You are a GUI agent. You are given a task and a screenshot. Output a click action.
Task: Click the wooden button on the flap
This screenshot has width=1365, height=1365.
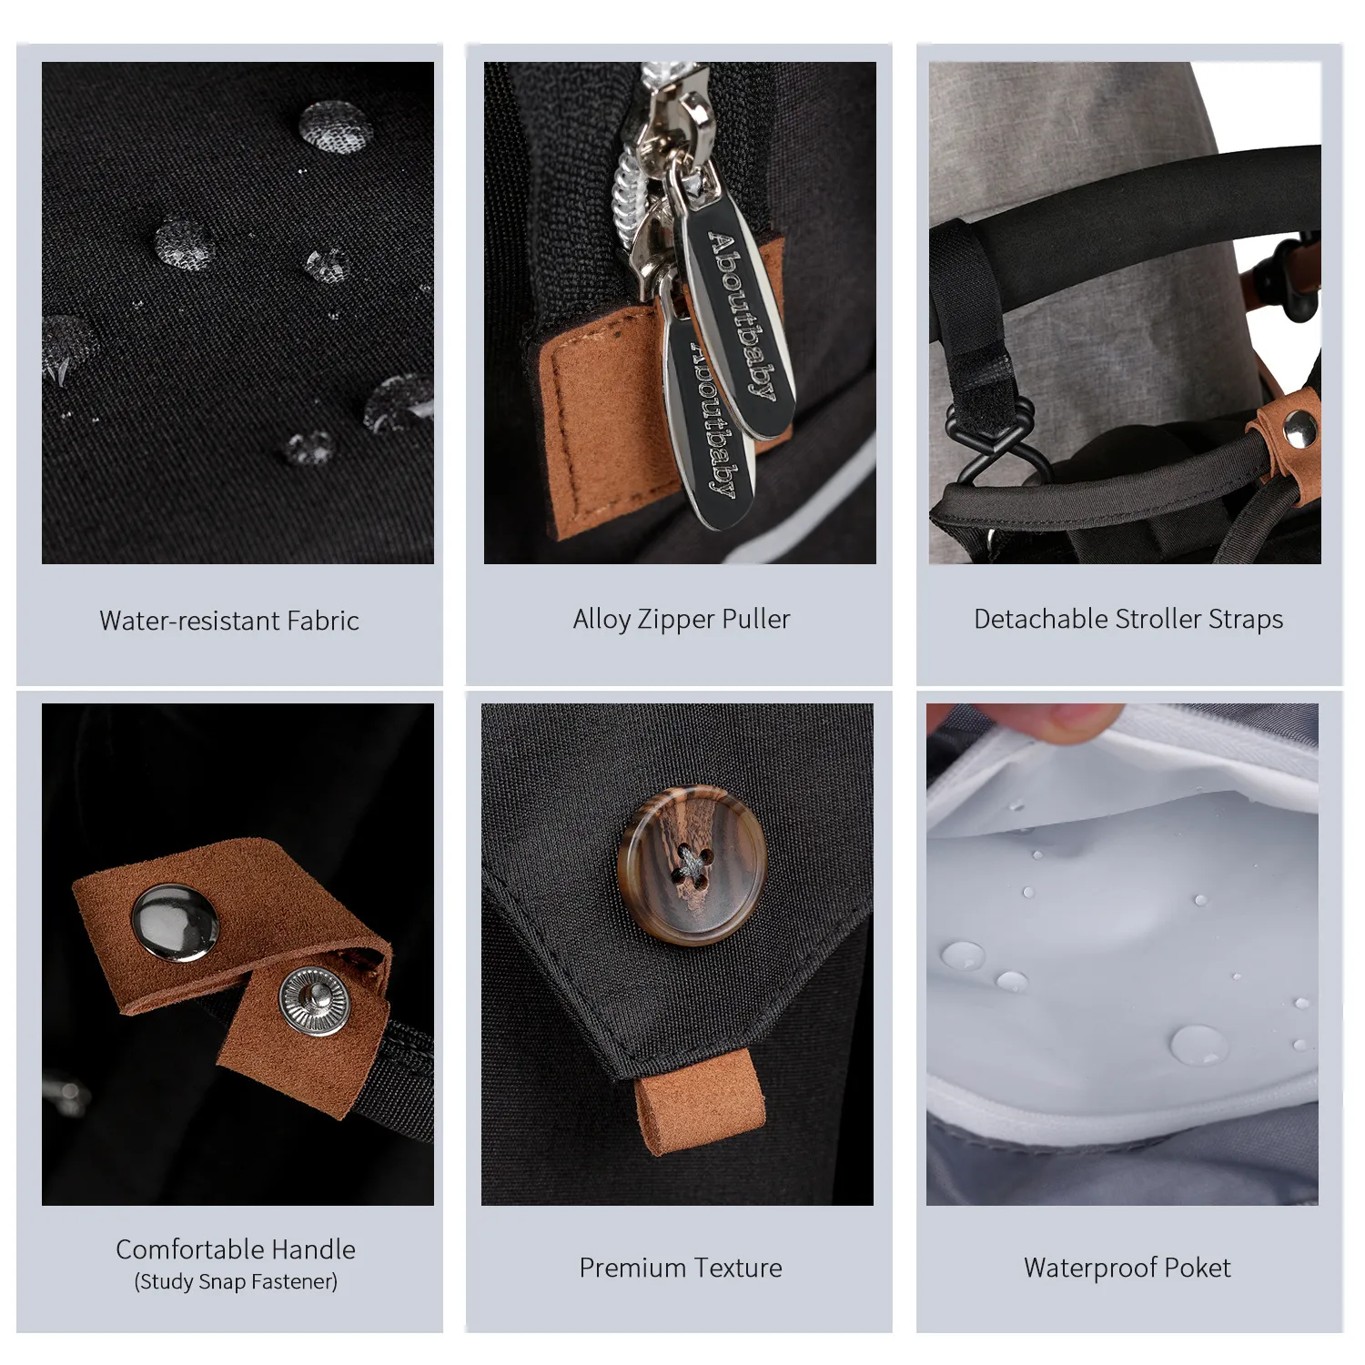692,864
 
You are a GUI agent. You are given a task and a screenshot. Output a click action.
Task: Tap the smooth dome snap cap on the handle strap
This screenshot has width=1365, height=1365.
175,922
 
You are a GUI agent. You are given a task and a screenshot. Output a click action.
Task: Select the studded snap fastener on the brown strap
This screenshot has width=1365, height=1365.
313,1000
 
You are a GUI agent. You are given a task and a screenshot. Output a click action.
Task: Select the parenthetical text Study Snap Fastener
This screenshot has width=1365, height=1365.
236,1282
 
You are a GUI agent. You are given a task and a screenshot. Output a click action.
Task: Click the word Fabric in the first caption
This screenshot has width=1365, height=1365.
323,621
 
